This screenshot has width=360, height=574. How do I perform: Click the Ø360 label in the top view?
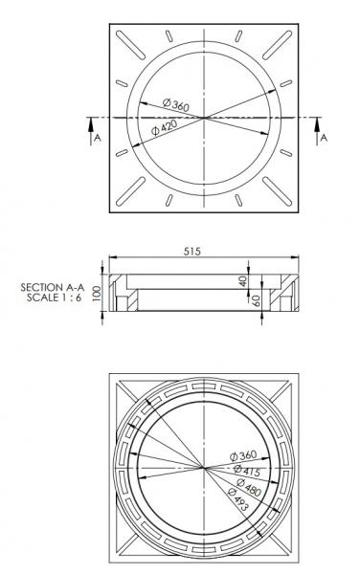point(176,103)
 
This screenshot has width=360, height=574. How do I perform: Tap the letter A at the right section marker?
point(323,139)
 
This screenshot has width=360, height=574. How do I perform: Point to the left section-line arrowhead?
point(90,122)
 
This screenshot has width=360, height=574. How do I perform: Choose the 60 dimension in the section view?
point(256,299)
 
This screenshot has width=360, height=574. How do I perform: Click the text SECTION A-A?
point(56,286)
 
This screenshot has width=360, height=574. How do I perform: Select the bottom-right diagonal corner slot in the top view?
point(283,194)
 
